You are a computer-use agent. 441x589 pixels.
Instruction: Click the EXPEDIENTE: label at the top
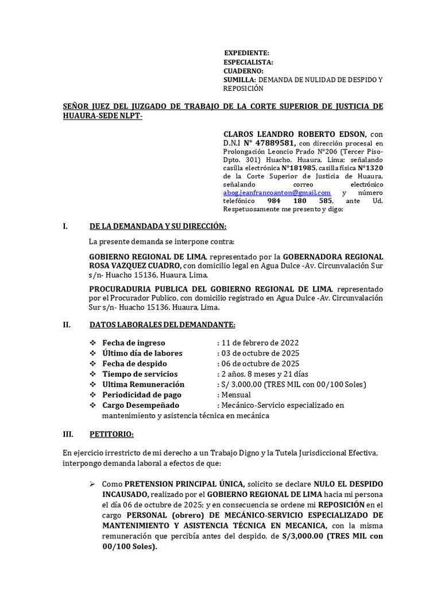click(246, 53)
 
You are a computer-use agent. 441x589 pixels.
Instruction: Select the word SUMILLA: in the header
click(239, 80)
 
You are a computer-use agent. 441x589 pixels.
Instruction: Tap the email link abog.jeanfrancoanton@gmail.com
click(277, 193)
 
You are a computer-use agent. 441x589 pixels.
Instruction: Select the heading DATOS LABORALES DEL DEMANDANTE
click(163, 324)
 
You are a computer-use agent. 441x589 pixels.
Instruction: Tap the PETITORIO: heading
click(111, 434)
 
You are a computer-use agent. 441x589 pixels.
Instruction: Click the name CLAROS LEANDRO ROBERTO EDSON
click(291, 133)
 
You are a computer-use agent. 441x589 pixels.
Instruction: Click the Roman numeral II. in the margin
click(67, 324)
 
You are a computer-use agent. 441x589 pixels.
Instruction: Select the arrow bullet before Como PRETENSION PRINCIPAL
click(92, 484)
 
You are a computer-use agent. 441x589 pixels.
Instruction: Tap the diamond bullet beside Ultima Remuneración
click(92, 384)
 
